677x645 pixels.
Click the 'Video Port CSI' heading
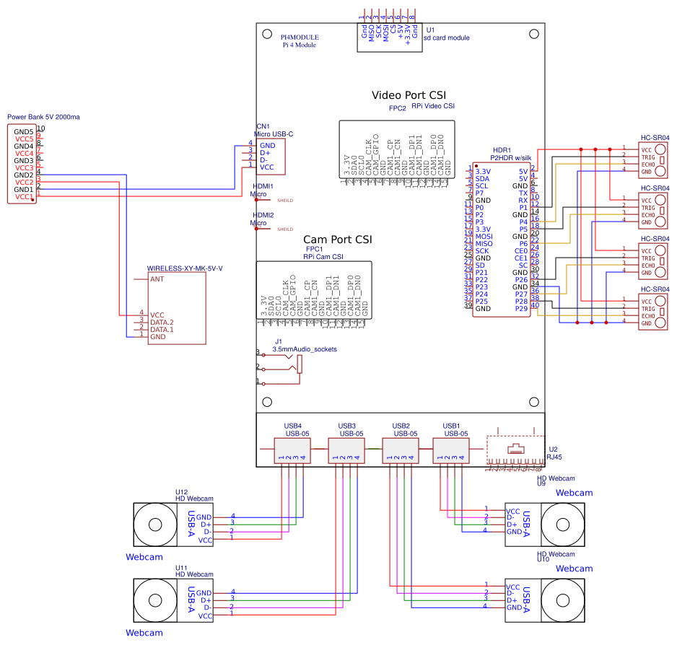(409, 95)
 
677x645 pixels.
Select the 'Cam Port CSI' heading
(338, 240)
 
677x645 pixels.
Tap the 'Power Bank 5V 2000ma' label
(43, 117)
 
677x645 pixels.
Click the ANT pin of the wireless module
(157, 278)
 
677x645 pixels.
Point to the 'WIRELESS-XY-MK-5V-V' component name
(185, 268)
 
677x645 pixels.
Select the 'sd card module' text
(446, 38)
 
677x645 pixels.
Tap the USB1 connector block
(451, 451)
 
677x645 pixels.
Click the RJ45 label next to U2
(555, 457)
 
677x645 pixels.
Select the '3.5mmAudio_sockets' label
(305, 349)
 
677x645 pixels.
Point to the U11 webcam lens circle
(154, 600)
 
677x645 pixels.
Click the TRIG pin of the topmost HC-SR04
(647, 157)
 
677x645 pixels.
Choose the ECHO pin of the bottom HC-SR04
(647, 316)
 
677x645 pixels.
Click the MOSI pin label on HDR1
(484, 236)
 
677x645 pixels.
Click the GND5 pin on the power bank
(23, 131)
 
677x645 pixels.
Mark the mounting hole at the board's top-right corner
(533, 33)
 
